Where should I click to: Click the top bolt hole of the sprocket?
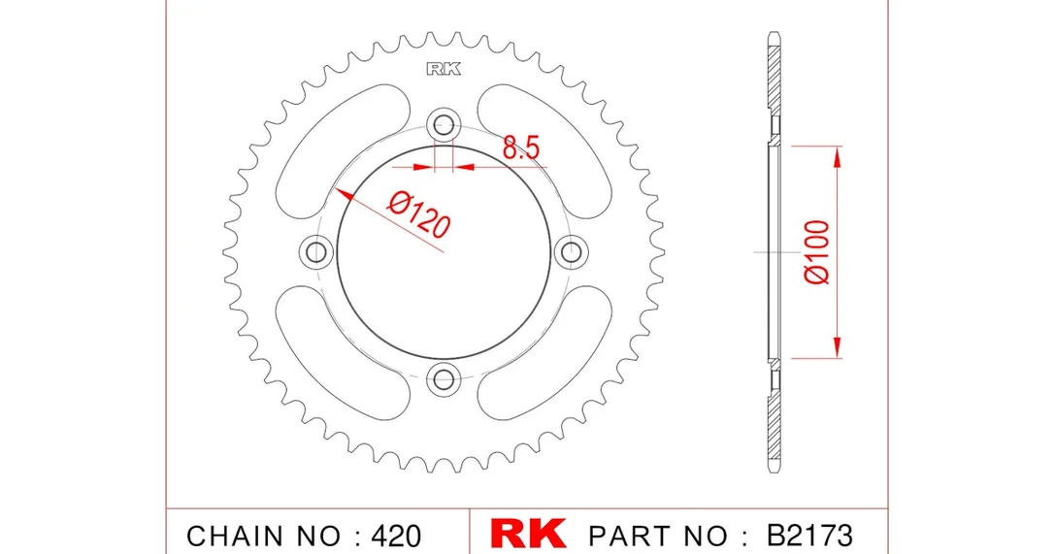coord(444,124)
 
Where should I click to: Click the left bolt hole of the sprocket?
coord(316,252)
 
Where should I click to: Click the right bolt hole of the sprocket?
coord(572,252)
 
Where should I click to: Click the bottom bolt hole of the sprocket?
coord(444,380)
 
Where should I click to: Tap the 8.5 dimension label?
coord(521,147)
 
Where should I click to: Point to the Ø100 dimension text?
coord(817,252)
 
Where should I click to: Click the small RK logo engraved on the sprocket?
coord(444,69)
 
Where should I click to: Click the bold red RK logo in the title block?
coord(528,534)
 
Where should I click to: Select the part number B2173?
coord(809,536)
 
